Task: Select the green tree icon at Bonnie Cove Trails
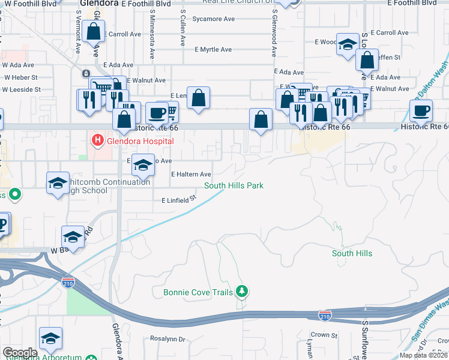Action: [242, 292]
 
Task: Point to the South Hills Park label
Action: [234, 185]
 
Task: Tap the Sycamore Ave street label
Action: [213, 19]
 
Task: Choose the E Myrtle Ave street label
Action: [213, 49]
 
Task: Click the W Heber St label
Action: [21, 77]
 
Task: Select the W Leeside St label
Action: [22, 89]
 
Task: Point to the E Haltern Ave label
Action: [191, 174]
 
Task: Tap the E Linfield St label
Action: [179, 199]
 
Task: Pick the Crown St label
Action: [320, 335]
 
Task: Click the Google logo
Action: [20, 353]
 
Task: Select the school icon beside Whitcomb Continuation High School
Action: [58, 183]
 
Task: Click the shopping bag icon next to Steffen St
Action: [367, 61]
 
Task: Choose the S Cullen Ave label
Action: [182, 18]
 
